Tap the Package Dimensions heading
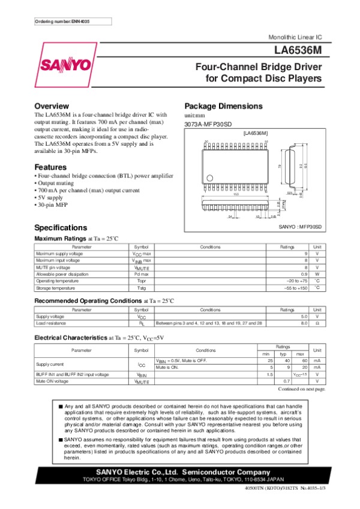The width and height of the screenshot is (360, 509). coord(223,106)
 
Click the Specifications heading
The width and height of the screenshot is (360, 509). coord(61,228)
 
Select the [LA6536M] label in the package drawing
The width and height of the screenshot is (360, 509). coord(255,132)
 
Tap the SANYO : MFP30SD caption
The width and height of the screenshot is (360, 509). coord(300,227)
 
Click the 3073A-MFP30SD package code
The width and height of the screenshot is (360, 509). coord(208,124)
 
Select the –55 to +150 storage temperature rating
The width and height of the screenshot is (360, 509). coord(295,288)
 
